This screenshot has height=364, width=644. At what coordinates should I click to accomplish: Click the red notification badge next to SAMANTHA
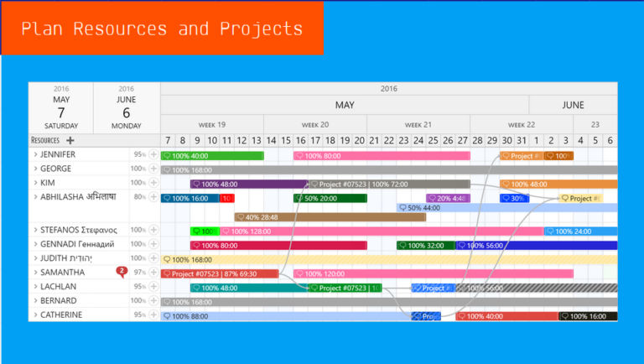[122, 271]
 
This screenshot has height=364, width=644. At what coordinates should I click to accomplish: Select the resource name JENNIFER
[57, 154]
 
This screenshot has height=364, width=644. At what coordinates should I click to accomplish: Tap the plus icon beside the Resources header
[70, 140]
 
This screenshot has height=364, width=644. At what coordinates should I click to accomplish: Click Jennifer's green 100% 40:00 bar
[211, 155]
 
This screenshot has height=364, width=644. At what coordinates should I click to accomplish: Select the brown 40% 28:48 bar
[330, 216]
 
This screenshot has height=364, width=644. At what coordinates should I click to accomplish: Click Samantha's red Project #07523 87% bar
[219, 273]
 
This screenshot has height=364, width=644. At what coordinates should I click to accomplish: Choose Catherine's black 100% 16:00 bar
[588, 316]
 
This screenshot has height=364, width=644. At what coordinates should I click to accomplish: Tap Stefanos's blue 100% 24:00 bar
[581, 231]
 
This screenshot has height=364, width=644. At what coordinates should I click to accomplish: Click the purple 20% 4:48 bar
[448, 199]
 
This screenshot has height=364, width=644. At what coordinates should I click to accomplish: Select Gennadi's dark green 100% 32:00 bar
[425, 246]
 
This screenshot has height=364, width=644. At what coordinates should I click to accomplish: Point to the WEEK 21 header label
[418, 124]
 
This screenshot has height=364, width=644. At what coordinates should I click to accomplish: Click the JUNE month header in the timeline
[573, 105]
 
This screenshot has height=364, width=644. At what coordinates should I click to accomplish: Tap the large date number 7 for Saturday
[61, 112]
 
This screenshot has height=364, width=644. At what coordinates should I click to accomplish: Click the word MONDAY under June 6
[126, 127]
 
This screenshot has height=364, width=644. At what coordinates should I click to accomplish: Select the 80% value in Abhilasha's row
[138, 197]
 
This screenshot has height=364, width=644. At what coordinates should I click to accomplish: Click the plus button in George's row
[153, 169]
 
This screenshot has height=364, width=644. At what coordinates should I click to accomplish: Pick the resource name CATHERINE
[61, 315]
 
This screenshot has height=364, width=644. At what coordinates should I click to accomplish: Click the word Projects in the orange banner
[261, 29]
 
